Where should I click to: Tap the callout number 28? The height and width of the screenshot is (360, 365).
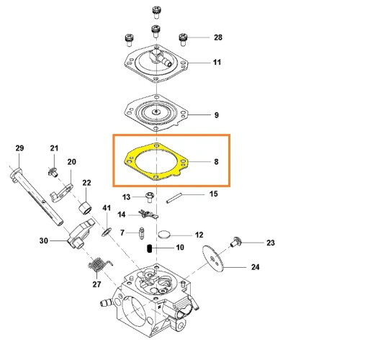tap(218, 37)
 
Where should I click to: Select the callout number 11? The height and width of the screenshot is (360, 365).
tap(217, 63)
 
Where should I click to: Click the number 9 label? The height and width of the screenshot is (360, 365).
tap(217, 115)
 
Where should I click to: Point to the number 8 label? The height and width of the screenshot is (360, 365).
tap(216, 162)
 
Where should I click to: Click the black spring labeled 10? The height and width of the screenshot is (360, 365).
tap(150, 248)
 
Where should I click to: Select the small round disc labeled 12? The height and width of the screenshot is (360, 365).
tap(164, 235)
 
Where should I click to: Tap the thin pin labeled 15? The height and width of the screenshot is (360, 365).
tap(174, 199)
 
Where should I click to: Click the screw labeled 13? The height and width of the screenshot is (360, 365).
tap(150, 197)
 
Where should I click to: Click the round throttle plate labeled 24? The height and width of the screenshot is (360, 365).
tap(213, 258)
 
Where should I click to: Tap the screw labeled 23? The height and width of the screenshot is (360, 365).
tap(235, 242)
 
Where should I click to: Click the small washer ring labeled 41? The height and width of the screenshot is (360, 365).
tap(107, 232)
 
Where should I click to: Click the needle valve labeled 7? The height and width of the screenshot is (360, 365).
tap(142, 233)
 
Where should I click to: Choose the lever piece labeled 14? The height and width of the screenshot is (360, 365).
tap(148, 214)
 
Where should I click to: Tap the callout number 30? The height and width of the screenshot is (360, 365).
tap(44, 240)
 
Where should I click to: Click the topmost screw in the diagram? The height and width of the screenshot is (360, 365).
tap(156, 12)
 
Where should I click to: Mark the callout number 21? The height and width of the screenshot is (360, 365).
tap(54, 148)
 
